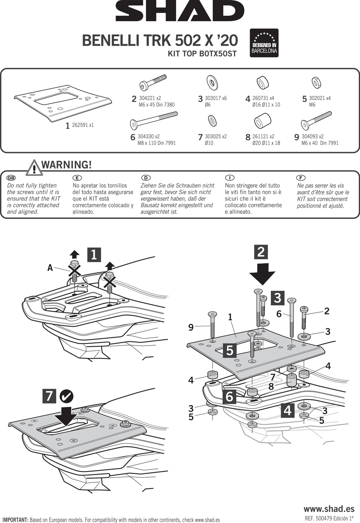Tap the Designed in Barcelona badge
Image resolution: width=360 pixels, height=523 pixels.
point(264,43)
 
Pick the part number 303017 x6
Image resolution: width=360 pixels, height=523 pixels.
point(215,98)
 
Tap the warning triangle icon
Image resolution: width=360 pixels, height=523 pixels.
point(34,167)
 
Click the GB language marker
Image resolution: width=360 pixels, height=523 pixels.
point(11,178)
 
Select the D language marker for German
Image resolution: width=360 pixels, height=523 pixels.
point(145,178)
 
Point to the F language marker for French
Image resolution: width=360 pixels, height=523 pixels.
point(301,178)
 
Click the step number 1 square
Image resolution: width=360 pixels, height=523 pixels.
point(94,255)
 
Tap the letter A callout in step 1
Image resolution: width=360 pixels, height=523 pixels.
point(50,268)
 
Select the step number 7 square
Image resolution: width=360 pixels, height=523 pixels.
point(49,396)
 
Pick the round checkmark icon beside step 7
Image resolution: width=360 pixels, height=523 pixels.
point(67,396)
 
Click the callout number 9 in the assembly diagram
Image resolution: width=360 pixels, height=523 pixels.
point(191,327)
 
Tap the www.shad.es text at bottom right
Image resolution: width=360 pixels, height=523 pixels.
point(329,509)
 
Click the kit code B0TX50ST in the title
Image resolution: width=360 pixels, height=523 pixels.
point(218,54)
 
